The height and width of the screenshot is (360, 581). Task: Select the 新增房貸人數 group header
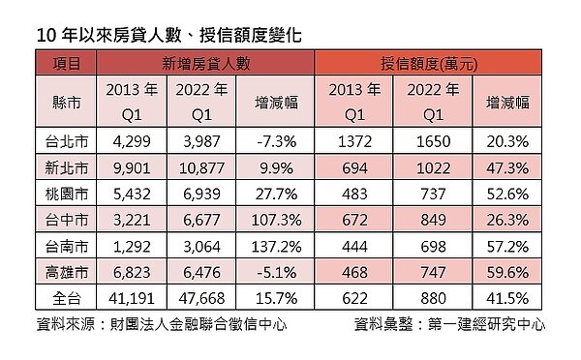[206, 65]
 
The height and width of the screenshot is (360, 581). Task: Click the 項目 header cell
[66, 65]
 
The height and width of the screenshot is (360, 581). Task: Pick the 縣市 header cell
[66, 102]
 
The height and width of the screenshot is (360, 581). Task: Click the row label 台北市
[66, 140]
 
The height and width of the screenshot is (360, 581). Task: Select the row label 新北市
[66, 166]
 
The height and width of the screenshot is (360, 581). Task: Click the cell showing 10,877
[199, 166]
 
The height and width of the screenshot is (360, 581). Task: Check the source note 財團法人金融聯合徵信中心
[194, 324]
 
